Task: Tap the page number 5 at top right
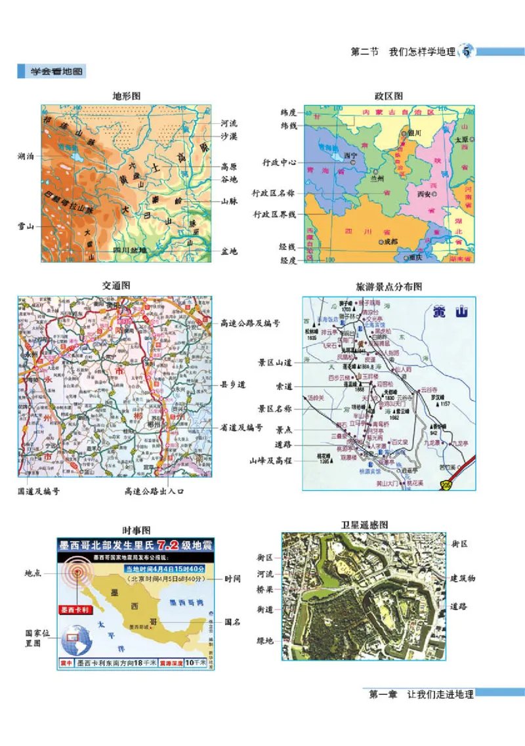click(467, 52)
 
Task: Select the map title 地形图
click(127, 96)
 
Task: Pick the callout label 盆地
click(229, 251)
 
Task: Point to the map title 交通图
click(116, 286)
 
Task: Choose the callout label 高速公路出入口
click(156, 490)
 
